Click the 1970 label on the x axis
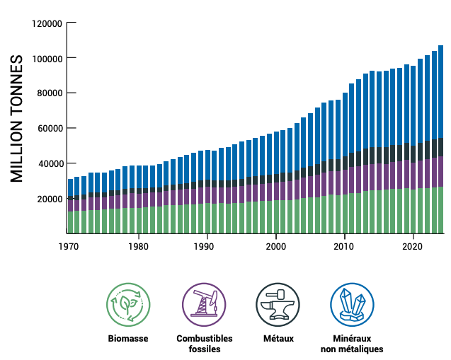(69, 247)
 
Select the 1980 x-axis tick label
(138, 247)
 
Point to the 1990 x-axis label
(207, 247)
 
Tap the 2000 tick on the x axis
(275, 247)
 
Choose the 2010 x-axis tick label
(344, 247)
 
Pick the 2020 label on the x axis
(413, 247)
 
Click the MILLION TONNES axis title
(18, 119)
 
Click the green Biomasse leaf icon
(128, 305)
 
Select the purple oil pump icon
(204, 305)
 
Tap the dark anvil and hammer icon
(278, 305)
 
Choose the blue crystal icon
(351, 305)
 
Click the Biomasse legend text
(128, 339)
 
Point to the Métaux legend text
(278, 339)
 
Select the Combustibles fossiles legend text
(204, 344)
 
